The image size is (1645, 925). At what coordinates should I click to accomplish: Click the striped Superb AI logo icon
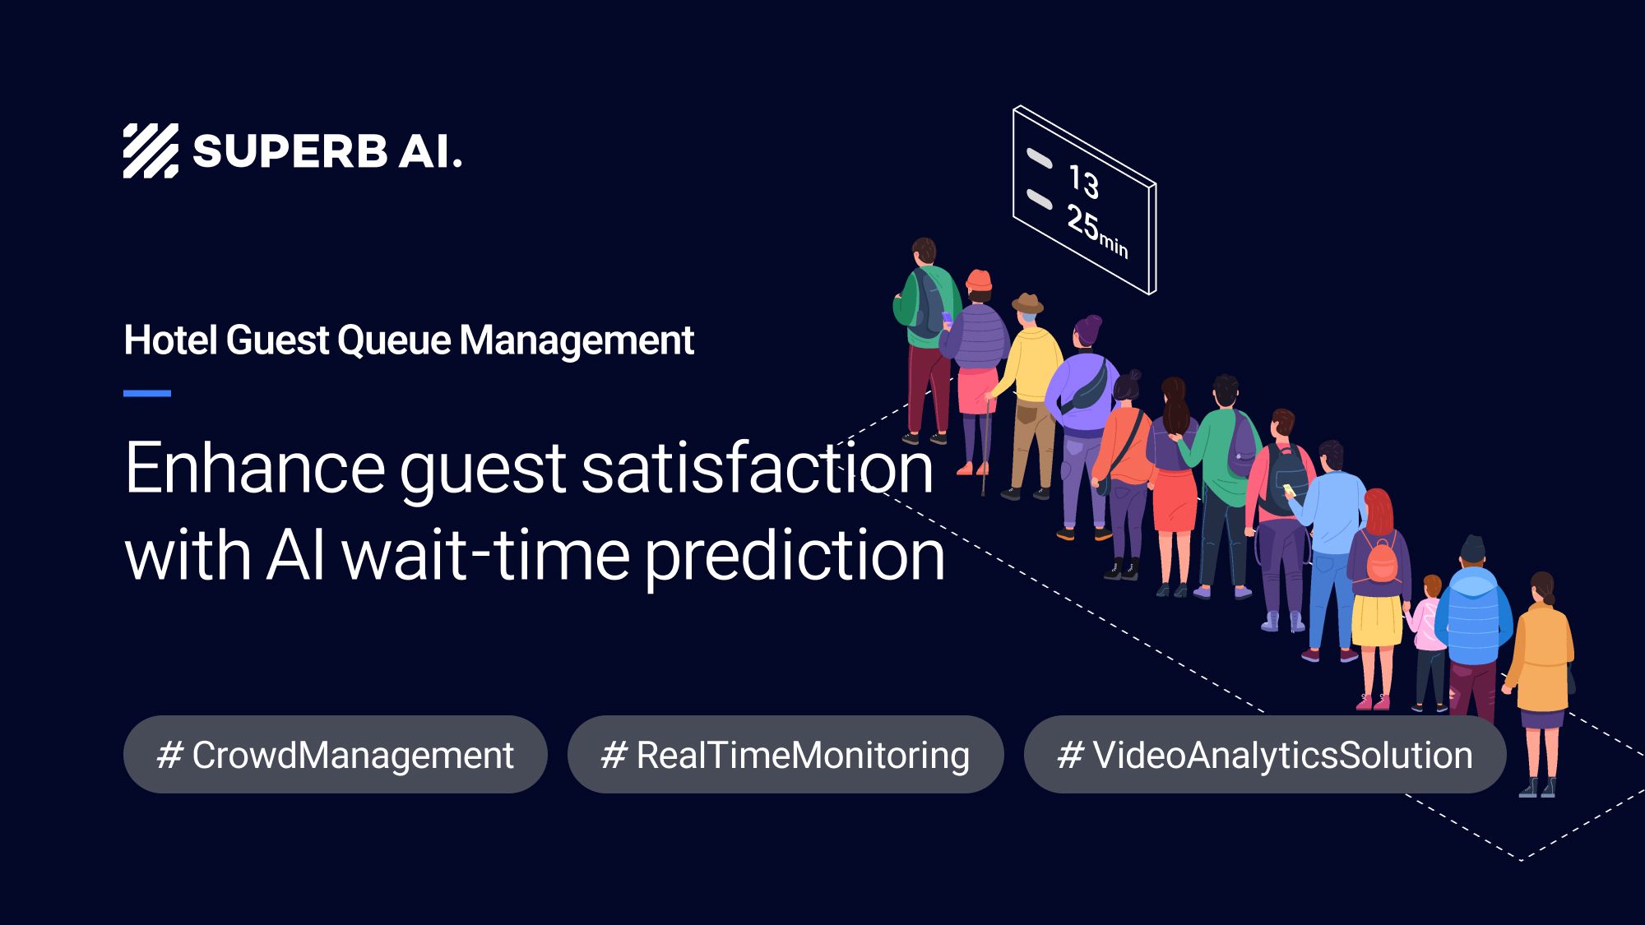(151, 151)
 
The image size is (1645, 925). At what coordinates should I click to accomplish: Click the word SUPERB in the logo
(290, 152)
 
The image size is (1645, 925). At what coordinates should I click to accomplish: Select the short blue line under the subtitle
(147, 394)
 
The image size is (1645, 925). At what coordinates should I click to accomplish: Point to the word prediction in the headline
(795, 557)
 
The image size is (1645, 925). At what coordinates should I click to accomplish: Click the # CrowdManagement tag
(335, 755)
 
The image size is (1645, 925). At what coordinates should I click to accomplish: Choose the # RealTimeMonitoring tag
(785, 755)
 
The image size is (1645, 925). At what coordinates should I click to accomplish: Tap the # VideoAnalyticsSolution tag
(1264, 755)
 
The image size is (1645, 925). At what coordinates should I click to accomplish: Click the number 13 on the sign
(1084, 183)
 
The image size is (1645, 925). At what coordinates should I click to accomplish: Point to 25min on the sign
(1096, 231)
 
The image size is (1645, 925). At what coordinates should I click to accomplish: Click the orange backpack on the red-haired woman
(1381, 561)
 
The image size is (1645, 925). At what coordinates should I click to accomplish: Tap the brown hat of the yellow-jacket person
(1027, 303)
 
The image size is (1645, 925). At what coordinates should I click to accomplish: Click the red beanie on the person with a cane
(978, 280)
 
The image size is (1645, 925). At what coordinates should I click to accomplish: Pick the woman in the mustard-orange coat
(1541, 658)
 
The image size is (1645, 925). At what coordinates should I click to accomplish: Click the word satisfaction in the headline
(757, 468)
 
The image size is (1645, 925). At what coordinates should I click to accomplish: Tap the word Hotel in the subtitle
(169, 340)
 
